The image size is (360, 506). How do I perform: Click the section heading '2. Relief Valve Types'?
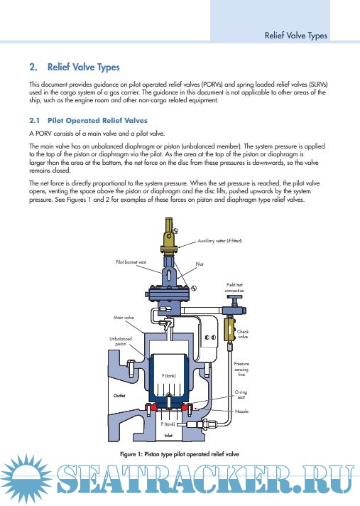coord(75,67)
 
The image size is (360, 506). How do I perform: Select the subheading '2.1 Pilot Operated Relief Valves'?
coord(88,121)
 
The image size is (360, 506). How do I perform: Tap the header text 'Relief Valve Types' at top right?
coord(296,36)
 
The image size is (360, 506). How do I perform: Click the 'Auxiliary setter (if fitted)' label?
coord(220,241)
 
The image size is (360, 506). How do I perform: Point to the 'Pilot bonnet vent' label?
coord(131,262)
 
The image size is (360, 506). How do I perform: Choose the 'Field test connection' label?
coord(234,288)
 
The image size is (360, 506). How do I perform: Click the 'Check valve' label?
coord(243,334)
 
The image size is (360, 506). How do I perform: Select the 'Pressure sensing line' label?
coord(241,369)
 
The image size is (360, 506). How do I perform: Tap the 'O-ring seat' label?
coord(241,394)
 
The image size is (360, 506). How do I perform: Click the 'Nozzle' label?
coord(241,411)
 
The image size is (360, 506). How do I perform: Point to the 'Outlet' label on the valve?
coord(119,396)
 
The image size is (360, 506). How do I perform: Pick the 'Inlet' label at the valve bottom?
coord(168,436)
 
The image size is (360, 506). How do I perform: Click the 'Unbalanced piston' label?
coord(121,341)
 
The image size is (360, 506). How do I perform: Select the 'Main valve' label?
coord(124,318)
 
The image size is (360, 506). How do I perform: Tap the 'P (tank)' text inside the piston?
coord(168,376)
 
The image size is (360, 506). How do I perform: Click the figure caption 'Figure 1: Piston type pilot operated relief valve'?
coord(180,454)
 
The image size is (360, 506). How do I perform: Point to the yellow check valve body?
coord(229,329)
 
